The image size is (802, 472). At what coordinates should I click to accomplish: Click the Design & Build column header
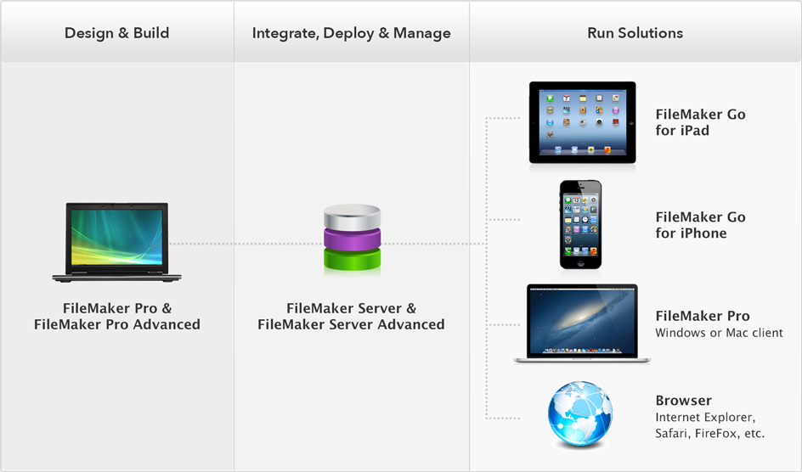[x=117, y=33]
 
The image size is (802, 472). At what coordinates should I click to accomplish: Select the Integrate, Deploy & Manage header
[x=351, y=33]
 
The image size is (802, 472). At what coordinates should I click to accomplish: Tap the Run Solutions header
[x=635, y=33]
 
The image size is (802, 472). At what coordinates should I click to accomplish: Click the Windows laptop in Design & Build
[x=118, y=242]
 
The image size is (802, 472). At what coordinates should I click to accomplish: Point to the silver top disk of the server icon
[x=351, y=217]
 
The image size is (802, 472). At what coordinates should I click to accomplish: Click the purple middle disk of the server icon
[x=351, y=237]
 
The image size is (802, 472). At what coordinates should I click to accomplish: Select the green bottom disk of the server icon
[x=351, y=258]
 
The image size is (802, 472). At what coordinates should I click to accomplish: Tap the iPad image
[x=582, y=122]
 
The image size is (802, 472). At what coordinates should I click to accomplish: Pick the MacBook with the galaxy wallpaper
[x=582, y=323]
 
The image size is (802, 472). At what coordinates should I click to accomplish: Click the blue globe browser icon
[x=580, y=414]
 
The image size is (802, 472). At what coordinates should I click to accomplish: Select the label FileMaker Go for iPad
[x=700, y=122]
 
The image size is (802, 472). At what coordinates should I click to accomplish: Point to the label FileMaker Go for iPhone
[x=700, y=225]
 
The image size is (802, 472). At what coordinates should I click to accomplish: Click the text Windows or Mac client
[x=719, y=333]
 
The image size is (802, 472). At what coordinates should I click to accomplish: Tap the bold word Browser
[x=683, y=401]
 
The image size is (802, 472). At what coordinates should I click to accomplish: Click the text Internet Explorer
[x=704, y=418]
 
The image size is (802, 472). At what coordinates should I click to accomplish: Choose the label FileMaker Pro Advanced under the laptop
[x=117, y=324]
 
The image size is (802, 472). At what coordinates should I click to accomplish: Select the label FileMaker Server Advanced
[x=351, y=324]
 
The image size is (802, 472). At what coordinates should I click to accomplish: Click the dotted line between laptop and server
[x=246, y=244]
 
